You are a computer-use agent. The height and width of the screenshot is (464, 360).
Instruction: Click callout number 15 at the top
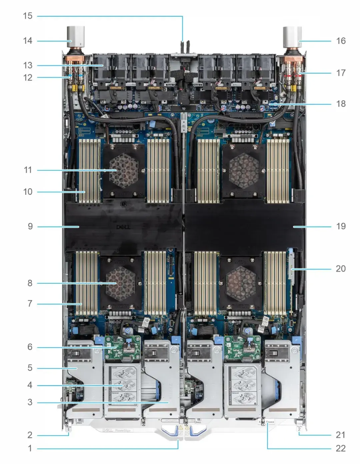pyautogui.click(x=28, y=16)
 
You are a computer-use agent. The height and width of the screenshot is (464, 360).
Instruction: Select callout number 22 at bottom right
pyautogui.click(x=341, y=448)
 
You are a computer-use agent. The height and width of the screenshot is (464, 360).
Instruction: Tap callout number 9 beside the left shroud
pyautogui.click(x=30, y=226)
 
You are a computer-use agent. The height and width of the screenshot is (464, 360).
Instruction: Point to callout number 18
pyautogui.click(x=341, y=104)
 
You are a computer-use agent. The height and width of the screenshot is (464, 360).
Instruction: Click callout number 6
pyautogui.click(x=30, y=347)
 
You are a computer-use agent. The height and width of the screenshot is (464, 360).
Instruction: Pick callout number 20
pyautogui.click(x=341, y=269)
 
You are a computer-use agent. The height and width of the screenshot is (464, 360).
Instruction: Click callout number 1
pyautogui.click(x=30, y=448)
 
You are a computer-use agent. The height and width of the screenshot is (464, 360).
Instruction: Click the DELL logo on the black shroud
pyautogui.click(x=123, y=227)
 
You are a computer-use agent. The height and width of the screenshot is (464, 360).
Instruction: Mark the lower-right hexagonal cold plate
pyautogui.click(x=241, y=282)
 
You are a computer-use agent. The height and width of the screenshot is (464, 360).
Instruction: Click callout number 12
pyautogui.click(x=28, y=77)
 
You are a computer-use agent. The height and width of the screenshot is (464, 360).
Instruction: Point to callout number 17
pyautogui.click(x=341, y=73)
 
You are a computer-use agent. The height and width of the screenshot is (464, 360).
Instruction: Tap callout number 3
pyautogui.click(x=30, y=402)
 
